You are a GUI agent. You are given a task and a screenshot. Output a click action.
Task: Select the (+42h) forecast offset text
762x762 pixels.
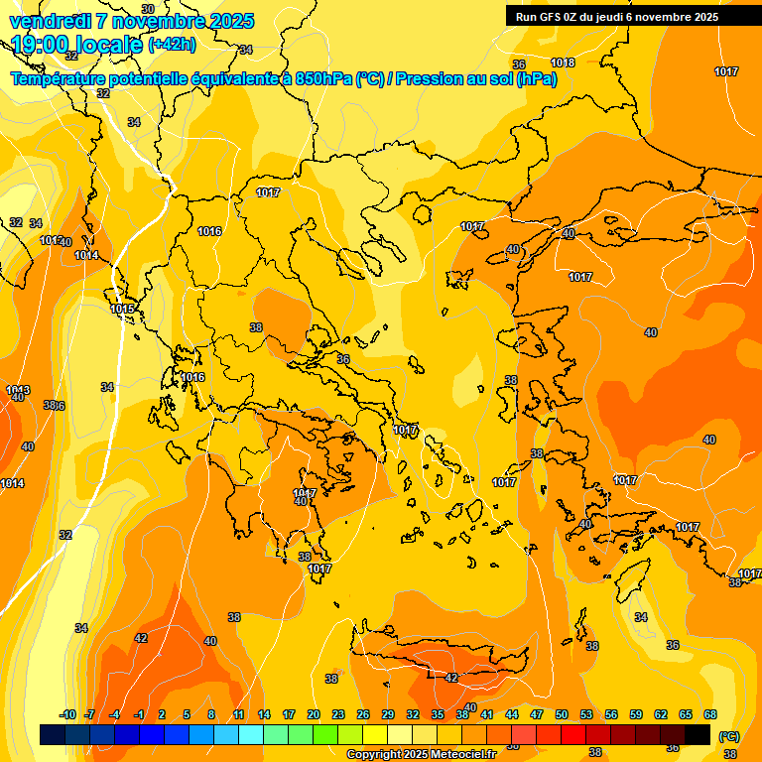click(x=172, y=45)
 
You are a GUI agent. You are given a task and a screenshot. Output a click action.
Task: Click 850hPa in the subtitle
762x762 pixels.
click(x=323, y=78)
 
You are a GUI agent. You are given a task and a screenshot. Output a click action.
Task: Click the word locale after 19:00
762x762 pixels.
click(x=111, y=45)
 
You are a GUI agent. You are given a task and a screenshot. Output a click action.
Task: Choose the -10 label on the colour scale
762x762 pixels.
click(x=67, y=714)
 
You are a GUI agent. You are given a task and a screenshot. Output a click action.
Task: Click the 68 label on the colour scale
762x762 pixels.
click(x=710, y=714)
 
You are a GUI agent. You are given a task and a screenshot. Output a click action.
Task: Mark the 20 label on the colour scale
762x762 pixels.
click(x=313, y=714)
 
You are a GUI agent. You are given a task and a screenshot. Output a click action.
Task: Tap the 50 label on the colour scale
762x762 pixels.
click(x=562, y=714)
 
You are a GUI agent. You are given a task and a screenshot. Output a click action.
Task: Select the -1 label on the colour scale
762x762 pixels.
click(x=139, y=714)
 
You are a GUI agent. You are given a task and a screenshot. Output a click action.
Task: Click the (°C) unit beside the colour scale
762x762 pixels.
click(x=728, y=736)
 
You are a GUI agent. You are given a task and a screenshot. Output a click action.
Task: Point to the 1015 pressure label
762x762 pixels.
click(x=123, y=310)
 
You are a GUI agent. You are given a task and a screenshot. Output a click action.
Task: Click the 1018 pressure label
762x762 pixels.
click(x=563, y=63)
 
